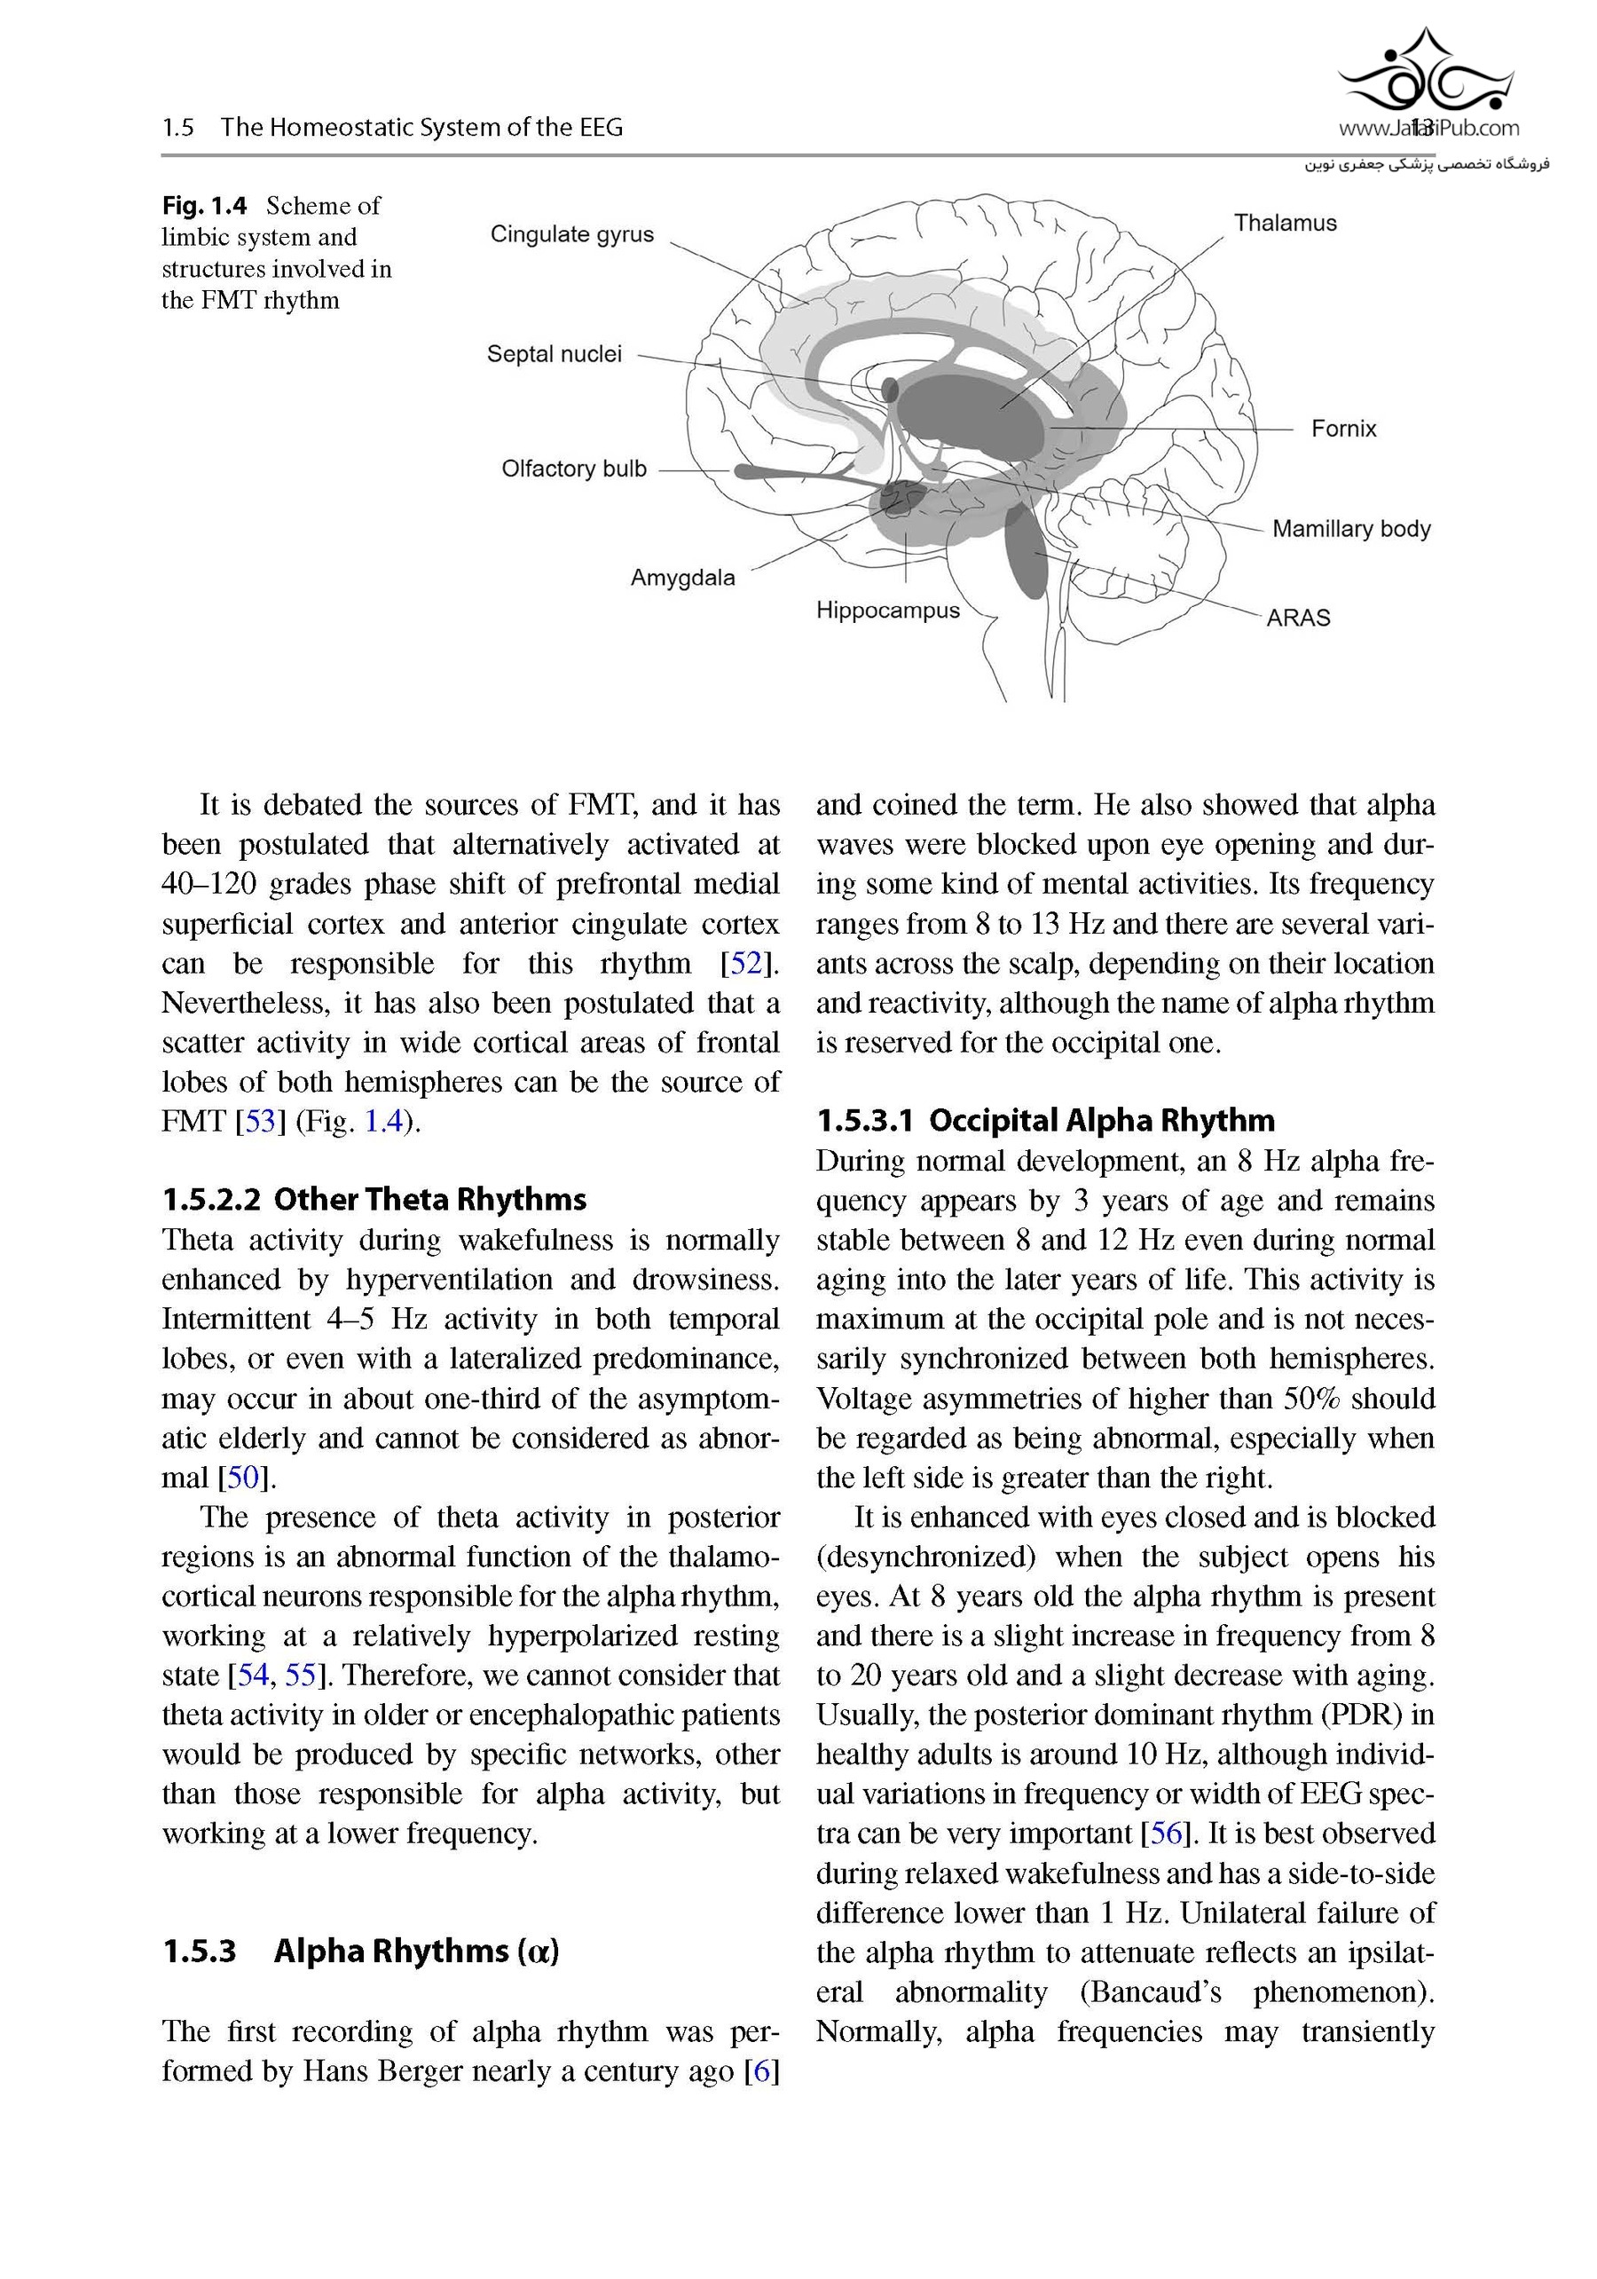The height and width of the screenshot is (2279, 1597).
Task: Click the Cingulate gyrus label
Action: click(x=571, y=234)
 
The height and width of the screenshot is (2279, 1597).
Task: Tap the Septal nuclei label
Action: click(x=554, y=354)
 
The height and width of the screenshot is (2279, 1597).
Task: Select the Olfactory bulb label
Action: click(x=574, y=469)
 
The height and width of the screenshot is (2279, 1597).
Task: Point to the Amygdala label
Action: click(x=683, y=578)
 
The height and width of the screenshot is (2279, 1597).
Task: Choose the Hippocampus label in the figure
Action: click(x=888, y=611)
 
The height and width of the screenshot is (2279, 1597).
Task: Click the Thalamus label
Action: click(x=1286, y=224)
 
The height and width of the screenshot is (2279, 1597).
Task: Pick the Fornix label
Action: click(x=1344, y=429)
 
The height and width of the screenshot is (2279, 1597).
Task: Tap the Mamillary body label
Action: click(x=1351, y=529)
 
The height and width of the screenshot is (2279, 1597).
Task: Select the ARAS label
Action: click(x=1298, y=618)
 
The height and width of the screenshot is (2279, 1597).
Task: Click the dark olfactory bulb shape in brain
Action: click(x=784, y=471)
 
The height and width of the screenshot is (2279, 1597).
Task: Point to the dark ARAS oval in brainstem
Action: click(x=1026, y=551)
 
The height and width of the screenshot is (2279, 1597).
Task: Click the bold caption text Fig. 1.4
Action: click(x=203, y=206)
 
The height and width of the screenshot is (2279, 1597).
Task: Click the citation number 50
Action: click(x=243, y=1478)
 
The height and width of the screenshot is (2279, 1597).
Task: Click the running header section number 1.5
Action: click(x=178, y=127)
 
